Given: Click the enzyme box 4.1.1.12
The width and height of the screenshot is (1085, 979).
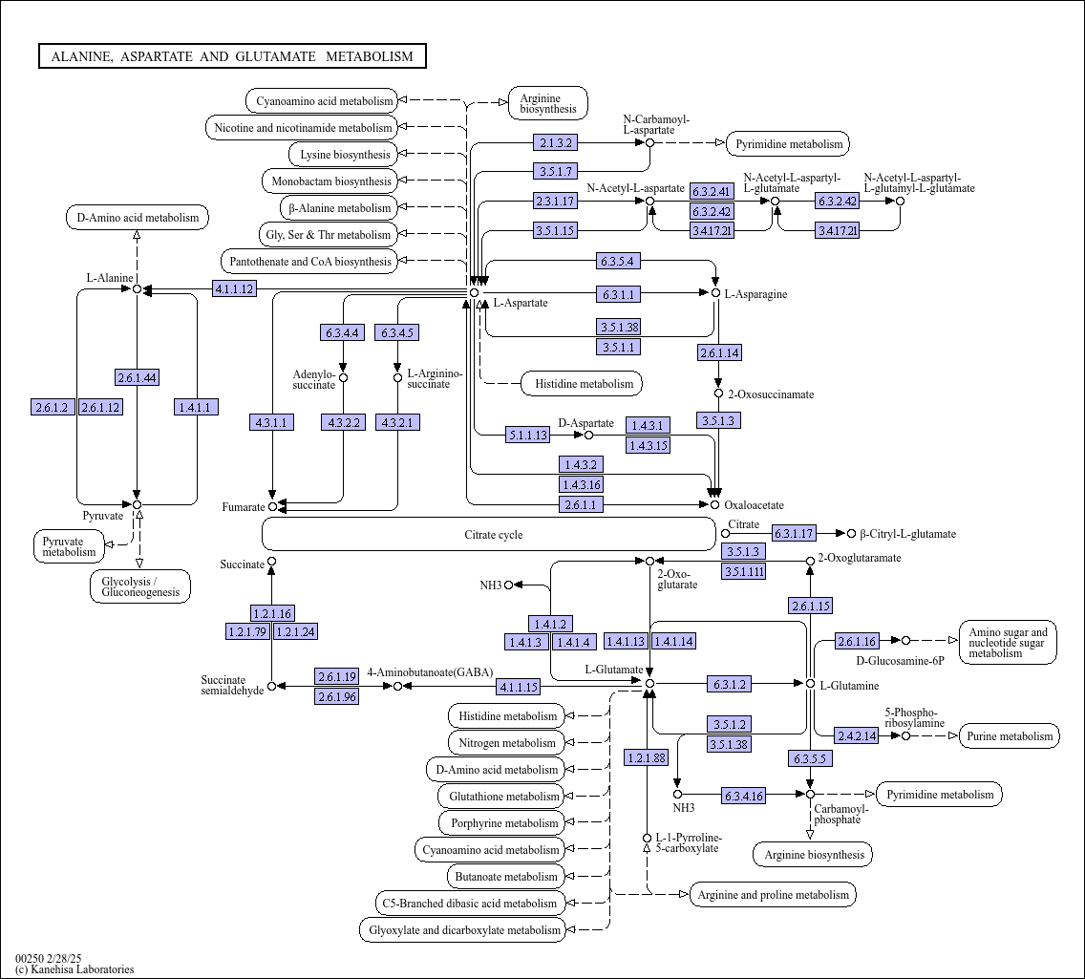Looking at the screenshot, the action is (x=235, y=288).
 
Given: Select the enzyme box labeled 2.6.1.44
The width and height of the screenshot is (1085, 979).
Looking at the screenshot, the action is (x=137, y=377).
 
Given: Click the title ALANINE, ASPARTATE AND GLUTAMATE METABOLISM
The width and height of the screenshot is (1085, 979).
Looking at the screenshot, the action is (x=232, y=56).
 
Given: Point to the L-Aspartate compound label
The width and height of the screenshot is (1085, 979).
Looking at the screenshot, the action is (x=521, y=303).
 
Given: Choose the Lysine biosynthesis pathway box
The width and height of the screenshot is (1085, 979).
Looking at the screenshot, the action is (x=344, y=155).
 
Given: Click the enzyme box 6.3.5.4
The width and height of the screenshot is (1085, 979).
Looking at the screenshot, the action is (x=619, y=261).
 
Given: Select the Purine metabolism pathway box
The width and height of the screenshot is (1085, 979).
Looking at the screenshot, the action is (x=1010, y=735).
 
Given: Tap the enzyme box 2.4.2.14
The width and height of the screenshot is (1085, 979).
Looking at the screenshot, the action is (x=857, y=735).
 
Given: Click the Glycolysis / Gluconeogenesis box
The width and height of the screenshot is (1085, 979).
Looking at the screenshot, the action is (x=140, y=586).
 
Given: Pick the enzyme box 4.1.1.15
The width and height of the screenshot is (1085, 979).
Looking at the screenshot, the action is (x=519, y=687).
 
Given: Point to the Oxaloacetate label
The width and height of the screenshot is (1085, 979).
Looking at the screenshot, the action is (x=754, y=505).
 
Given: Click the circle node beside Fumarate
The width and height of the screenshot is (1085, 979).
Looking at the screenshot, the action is (x=272, y=506).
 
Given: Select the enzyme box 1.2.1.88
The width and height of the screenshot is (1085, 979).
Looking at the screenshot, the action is (x=647, y=757).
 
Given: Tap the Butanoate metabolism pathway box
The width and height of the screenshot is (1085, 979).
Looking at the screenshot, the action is (x=506, y=876).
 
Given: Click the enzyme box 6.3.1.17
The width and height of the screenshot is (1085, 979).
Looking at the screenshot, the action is (x=795, y=533).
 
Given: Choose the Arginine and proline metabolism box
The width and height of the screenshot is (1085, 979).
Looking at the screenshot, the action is (x=773, y=894).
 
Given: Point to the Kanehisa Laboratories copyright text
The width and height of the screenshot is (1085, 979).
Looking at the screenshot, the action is (x=74, y=969).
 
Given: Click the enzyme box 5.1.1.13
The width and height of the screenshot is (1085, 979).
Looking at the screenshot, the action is (x=527, y=435).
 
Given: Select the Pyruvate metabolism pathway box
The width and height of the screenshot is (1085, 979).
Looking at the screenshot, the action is (x=69, y=546).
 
